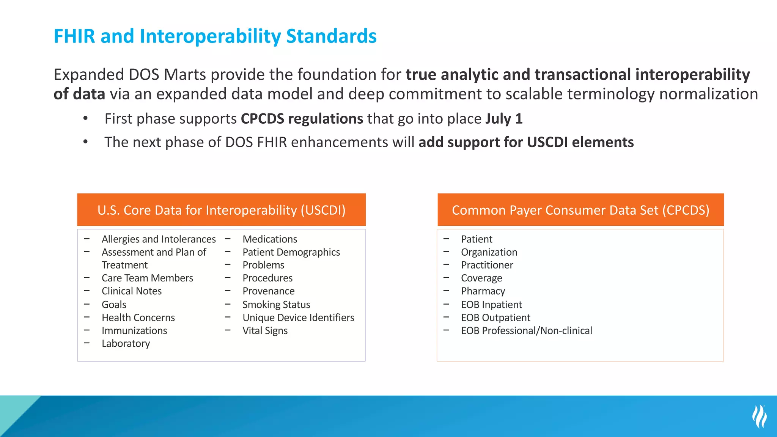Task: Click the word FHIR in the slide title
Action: click(74, 36)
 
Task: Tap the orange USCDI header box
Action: click(221, 210)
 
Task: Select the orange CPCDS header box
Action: click(580, 210)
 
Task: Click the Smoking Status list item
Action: click(276, 305)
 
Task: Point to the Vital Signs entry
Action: click(265, 331)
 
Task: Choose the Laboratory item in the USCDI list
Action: click(126, 344)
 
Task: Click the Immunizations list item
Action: click(134, 331)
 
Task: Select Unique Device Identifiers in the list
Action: click(298, 318)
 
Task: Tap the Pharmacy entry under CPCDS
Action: click(483, 291)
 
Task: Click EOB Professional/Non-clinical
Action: click(526, 331)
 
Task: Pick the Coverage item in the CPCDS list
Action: click(481, 278)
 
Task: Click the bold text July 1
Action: click(504, 119)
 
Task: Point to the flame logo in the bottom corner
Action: click(760, 416)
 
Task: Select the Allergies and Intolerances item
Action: click(159, 239)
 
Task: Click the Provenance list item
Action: click(268, 291)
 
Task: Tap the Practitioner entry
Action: click(487, 265)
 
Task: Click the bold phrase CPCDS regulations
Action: click(302, 119)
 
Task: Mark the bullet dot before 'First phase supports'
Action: click(86, 119)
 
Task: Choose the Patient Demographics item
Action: click(291, 252)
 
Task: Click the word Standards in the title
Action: click(331, 36)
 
